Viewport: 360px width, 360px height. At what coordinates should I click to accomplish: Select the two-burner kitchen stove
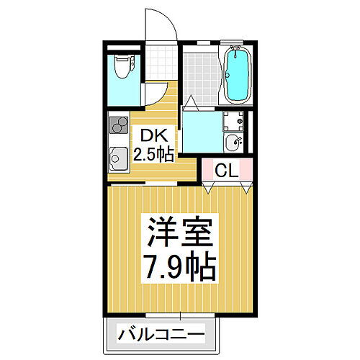(117, 127)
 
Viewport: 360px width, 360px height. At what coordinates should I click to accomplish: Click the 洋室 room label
(181, 234)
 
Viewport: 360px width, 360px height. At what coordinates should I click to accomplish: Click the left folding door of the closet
(209, 186)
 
